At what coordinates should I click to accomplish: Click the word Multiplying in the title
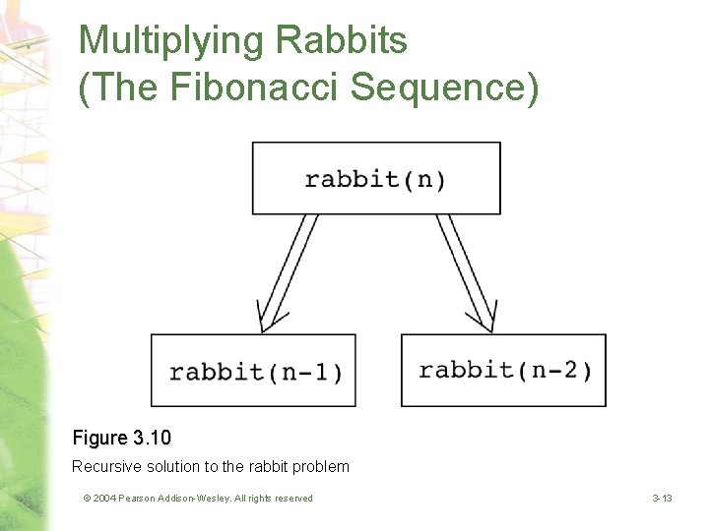click(x=171, y=41)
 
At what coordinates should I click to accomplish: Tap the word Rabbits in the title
click(x=341, y=41)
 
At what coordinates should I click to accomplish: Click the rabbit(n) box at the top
click(x=376, y=178)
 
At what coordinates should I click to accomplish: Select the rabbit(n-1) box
click(x=253, y=371)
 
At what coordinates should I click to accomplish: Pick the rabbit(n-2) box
click(x=503, y=370)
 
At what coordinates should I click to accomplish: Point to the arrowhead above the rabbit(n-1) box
click(x=272, y=318)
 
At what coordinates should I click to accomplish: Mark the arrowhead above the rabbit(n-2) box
click(x=482, y=318)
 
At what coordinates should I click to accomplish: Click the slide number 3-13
click(x=662, y=499)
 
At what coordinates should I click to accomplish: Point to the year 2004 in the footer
click(x=105, y=499)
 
